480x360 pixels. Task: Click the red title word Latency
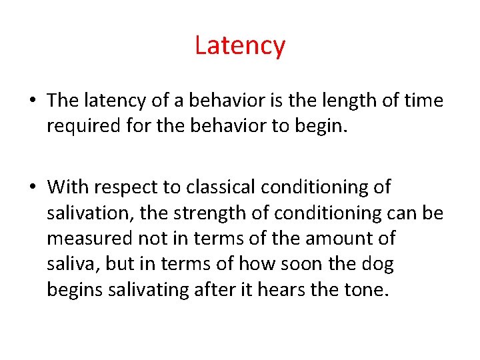[240, 46]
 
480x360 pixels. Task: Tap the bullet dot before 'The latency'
[33, 101]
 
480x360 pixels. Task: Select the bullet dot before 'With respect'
[33, 187]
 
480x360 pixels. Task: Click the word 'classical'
[215, 187]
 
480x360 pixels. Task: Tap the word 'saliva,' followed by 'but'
[73, 264]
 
